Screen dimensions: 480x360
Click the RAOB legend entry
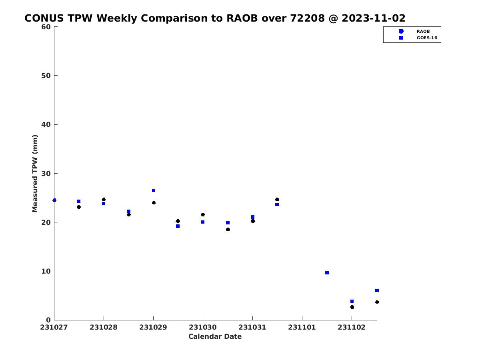point(423,32)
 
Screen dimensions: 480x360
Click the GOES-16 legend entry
point(427,38)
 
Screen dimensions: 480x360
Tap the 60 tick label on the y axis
point(46,27)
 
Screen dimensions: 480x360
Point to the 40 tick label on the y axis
point(46,124)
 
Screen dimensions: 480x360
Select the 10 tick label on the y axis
point(46,271)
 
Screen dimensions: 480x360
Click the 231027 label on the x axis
point(54,328)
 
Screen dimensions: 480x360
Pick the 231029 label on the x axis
point(153,328)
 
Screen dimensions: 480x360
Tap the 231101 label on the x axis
point(302,328)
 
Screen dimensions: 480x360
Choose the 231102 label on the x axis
point(352,328)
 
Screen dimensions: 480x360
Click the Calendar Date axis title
point(215,336)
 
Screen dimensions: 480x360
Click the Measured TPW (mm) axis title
point(35,173)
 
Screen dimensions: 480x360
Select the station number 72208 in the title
point(307,18)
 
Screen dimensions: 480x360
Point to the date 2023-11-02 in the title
point(374,18)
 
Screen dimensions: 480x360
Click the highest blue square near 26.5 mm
point(154,190)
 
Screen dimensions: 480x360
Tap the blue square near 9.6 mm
point(327,273)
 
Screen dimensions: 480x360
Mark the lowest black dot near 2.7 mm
point(352,307)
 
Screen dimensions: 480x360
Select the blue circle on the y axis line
point(54,200)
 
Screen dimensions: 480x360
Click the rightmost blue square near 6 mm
point(377,290)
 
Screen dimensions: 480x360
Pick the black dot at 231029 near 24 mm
point(154,203)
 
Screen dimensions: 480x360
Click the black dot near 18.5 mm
point(228,230)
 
